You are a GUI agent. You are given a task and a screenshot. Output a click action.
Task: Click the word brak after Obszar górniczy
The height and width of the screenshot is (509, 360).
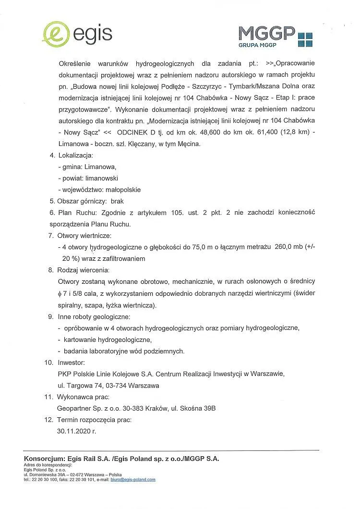coord(117,201)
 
